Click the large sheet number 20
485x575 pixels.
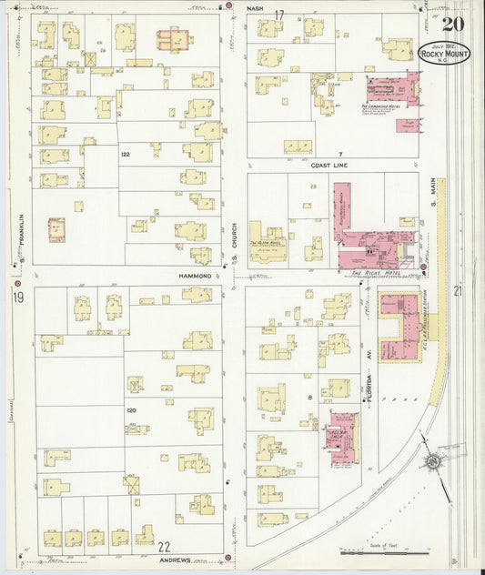point(455,24)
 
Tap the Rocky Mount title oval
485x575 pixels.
point(445,53)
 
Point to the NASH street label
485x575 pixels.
point(257,12)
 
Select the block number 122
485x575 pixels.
point(126,155)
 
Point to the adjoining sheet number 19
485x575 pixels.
point(17,298)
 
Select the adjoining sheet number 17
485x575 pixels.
point(280,14)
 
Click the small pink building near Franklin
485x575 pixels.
point(57,229)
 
